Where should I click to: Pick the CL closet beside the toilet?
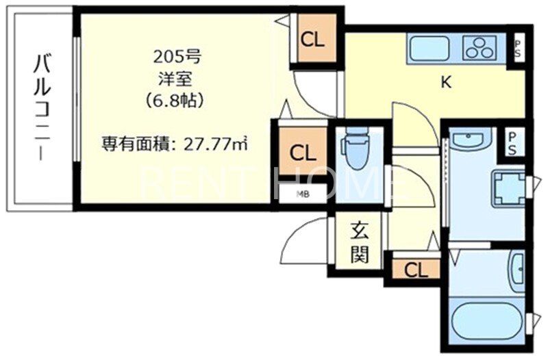click(x=301, y=152)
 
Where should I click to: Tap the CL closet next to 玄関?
click(x=415, y=269)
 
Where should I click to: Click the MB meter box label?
click(x=302, y=194)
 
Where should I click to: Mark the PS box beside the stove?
click(x=518, y=49)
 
